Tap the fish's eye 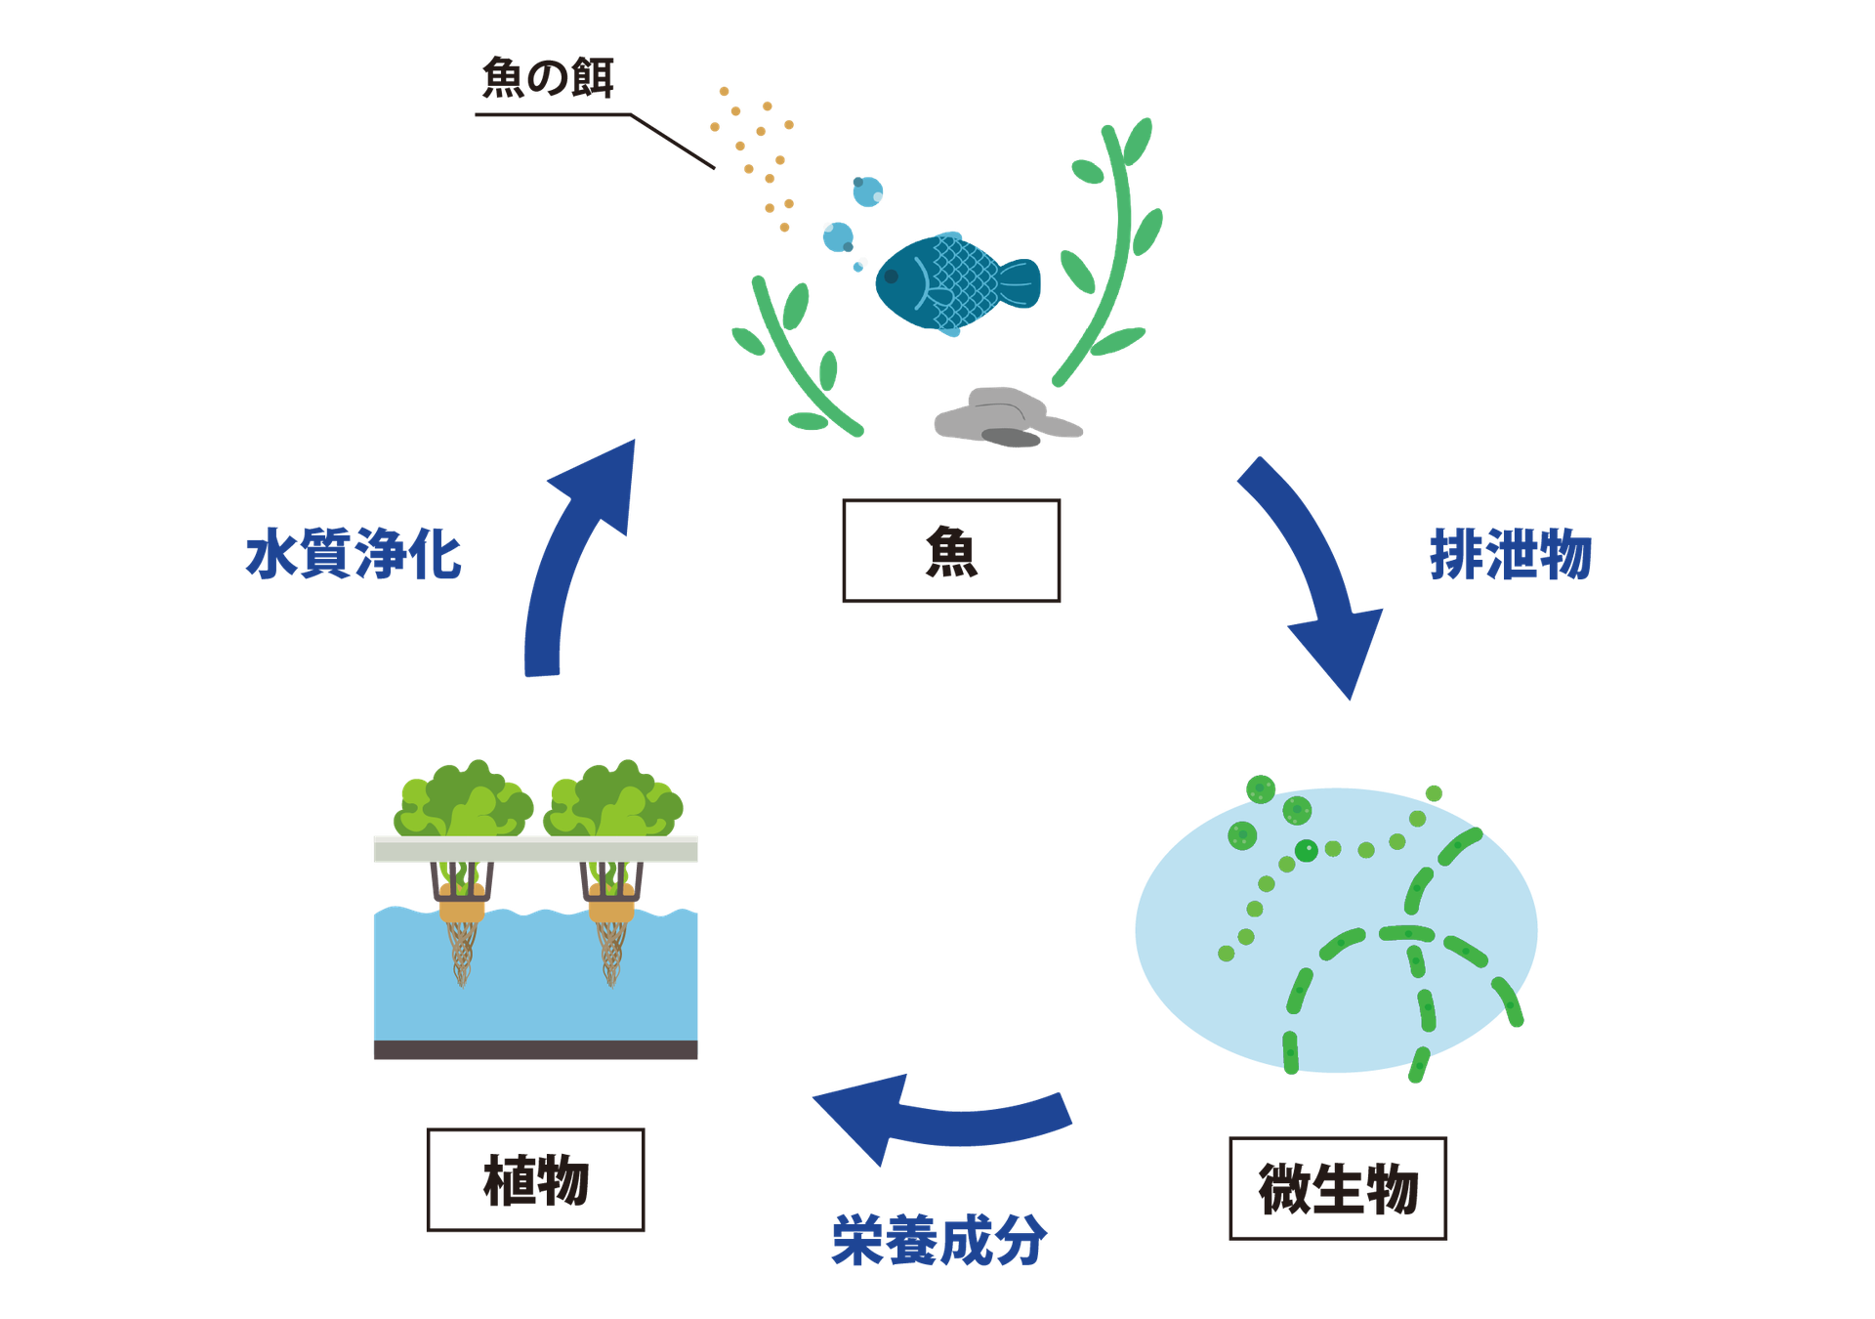tap(891, 277)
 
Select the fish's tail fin tap(1021, 283)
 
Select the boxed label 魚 tap(951, 551)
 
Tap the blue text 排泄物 tap(1510, 555)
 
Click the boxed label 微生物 tap(1337, 1188)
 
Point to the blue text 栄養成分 tap(938, 1241)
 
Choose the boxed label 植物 tap(535, 1179)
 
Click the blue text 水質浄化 tap(354, 555)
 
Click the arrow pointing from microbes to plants tap(937, 1119)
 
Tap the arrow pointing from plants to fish tap(571, 557)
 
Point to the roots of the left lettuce tap(461, 953)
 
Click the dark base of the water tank tap(535, 1050)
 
